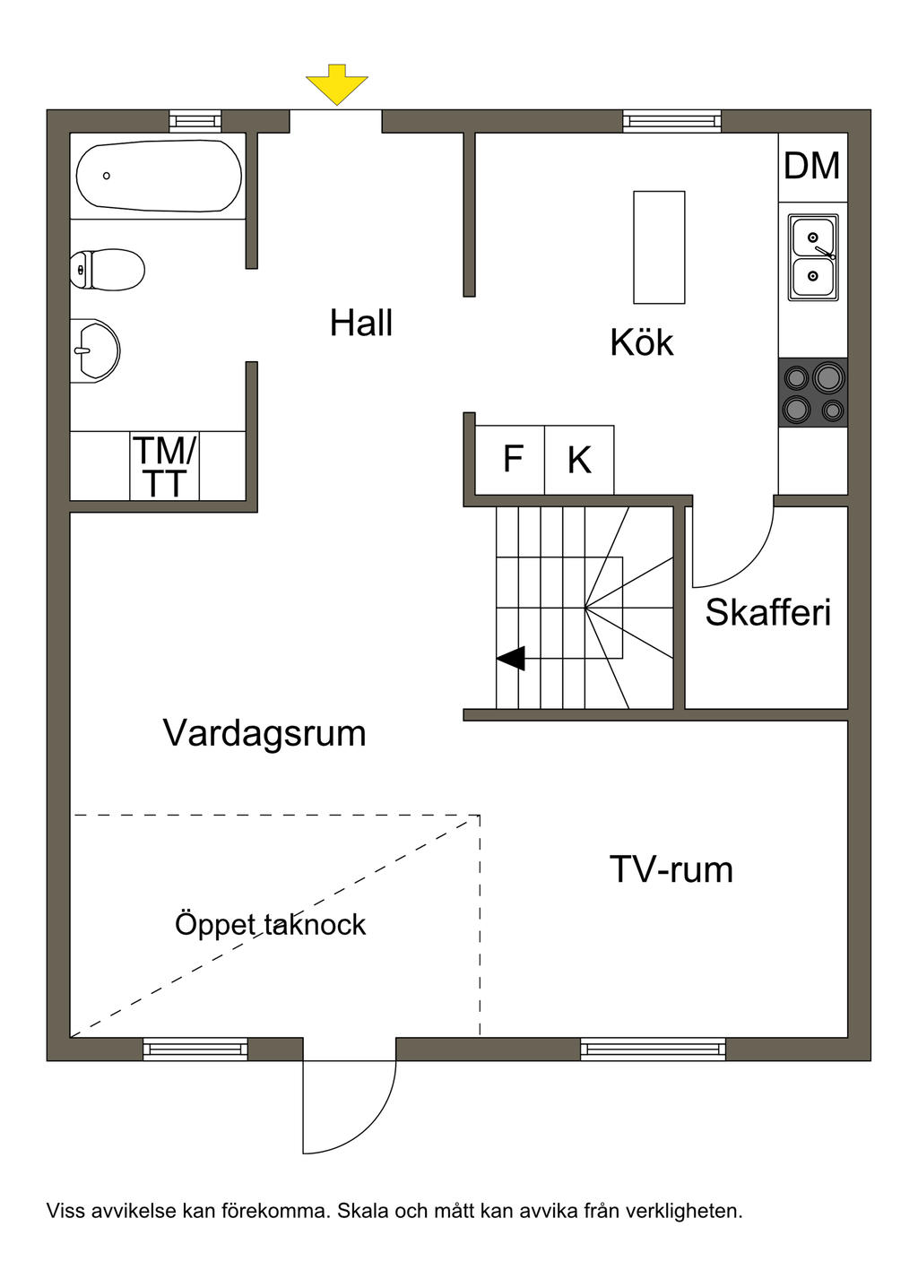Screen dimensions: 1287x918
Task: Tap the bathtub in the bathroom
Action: pyautogui.click(x=159, y=176)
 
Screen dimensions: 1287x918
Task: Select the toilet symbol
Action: pyautogui.click(x=108, y=269)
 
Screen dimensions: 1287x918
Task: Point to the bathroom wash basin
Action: pyautogui.click(x=95, y=350)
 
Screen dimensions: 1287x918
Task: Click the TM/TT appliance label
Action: pyautogui.click(x=165, y=466)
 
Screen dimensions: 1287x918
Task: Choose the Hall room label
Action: pyautogui.click(x=361, y=323)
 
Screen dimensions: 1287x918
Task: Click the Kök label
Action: pyautogui.click(x=641, y=342)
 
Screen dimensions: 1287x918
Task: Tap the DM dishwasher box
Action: pyautogui.click(x=812, y=167)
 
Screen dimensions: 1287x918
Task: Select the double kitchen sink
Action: pyautogui.click(x=813, y=257)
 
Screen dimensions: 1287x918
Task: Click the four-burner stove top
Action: pyautogui.click(x=813, y=392)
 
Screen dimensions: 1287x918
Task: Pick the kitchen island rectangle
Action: pyautogui.click(x=659, y=247)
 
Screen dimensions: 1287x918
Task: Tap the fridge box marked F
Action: pyautogui.click(x=511, y=460)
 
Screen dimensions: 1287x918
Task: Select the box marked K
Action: pyautogui.click(x=579, y=460)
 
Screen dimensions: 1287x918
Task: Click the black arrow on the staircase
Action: pyautogui.click(x=512, y=658)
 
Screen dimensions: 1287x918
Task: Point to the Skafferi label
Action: pyautogui.click(x=768, y=612)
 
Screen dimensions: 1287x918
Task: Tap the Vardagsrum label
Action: pyautogui.click(x=264, y=733)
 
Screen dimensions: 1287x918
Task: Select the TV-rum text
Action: pyautogui.click(x=671, y=869)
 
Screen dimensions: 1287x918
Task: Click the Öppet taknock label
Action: pyautogui.click(x=270, y=924)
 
